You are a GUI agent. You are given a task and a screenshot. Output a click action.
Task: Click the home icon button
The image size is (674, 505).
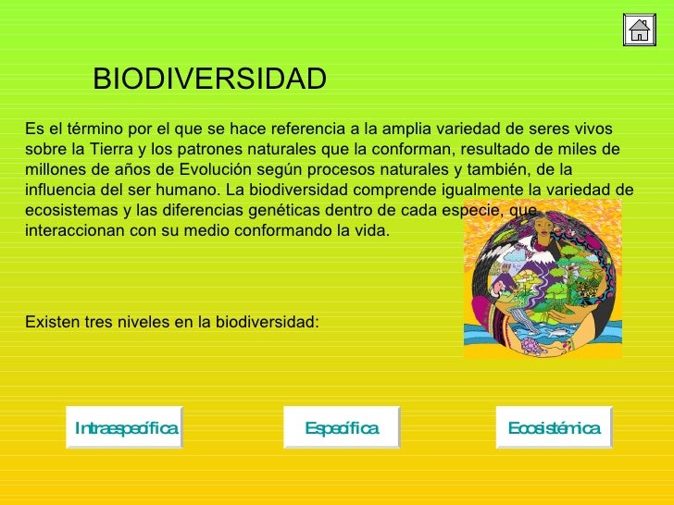[x=640, y=31]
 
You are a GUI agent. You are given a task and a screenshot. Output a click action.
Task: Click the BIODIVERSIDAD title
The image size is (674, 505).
[x=209, y=80]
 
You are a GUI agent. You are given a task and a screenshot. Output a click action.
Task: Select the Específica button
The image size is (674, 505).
[x=342, y=427]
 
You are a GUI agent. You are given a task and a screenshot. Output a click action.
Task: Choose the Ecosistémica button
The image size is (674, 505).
[x=554, y=427]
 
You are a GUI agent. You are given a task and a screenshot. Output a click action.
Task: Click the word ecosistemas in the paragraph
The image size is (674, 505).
[x=65, y=211]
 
